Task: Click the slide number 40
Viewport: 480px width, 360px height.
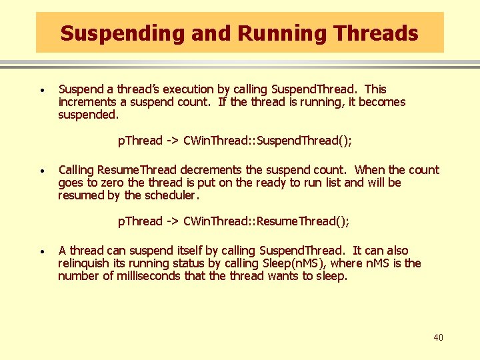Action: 438,338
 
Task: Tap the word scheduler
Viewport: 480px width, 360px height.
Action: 171,195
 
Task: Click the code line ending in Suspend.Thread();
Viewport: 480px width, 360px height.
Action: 235,141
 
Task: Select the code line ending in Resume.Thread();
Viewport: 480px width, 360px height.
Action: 233,221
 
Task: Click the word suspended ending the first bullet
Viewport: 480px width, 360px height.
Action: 88,115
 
